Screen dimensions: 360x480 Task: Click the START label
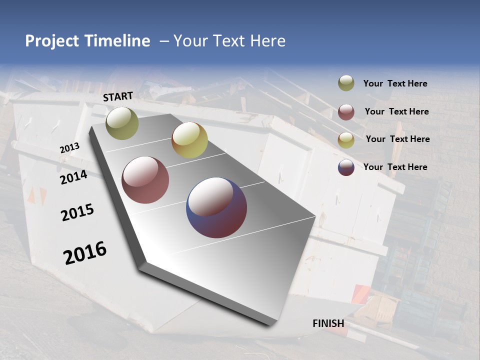point(118,96)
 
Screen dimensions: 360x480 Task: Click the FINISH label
point(328,323)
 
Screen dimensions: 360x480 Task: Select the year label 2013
point(69,148)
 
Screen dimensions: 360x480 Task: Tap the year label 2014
point(73,177)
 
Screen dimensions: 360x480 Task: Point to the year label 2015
point(77,212)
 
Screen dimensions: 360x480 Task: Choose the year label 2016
point(85,252)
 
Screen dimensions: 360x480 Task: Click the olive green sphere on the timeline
point(122,123)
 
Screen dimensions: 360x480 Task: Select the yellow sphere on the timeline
point(189,140)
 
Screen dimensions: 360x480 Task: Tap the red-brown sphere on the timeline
point(145,180)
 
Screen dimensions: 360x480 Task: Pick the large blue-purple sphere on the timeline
point(216,207)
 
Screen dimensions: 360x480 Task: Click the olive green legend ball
point(346,83)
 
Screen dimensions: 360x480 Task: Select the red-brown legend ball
point(346,112)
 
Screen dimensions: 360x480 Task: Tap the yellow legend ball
point(346,140)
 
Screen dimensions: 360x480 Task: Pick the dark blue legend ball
point(346,167)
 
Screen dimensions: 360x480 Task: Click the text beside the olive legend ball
point(395,84)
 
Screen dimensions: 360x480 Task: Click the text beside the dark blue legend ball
point(395,167)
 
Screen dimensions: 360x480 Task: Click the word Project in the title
point(52,41)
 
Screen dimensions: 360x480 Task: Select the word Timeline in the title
point(117,41)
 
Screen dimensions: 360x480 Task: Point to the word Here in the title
point(267,41)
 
